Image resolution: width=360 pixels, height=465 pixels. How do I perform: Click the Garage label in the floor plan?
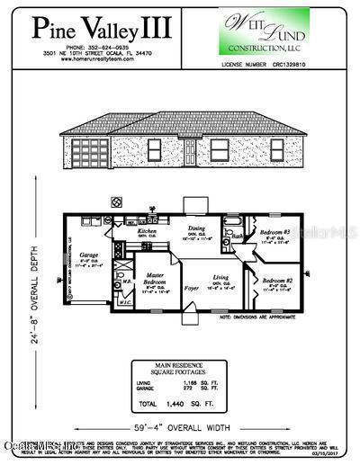tap(88, 255)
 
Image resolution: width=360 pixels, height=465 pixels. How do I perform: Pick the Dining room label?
tap(195, 228)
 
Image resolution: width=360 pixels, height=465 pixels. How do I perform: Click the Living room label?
tap(220, 277)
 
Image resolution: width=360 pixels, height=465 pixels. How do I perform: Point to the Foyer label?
tap(191, 289)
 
